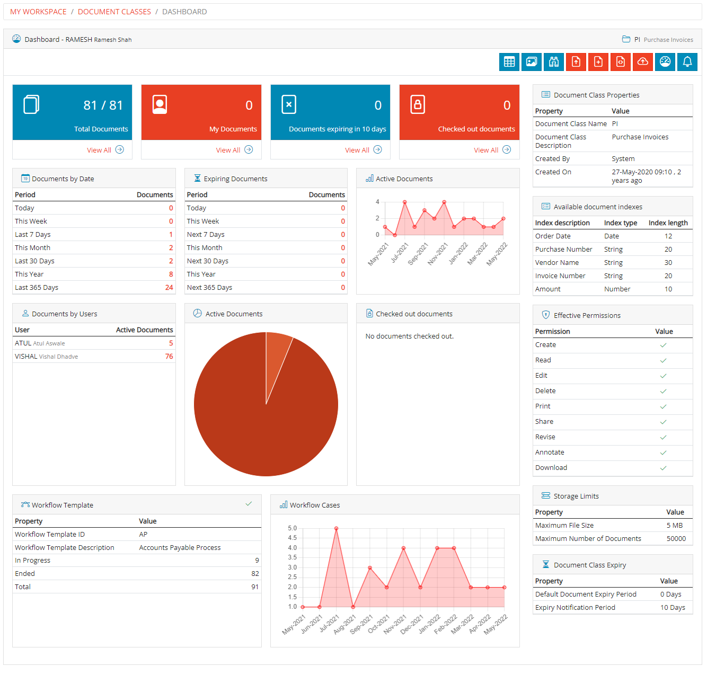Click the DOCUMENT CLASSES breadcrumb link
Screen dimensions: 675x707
click(114, 12)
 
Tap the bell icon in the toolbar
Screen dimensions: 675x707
click(687, 62)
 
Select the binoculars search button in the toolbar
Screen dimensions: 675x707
click(553, 62)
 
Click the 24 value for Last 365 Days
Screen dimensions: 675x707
click(169, 288)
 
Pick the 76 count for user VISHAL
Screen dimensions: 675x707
click(169, 357)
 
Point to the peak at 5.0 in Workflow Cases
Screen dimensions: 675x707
click(336, 529)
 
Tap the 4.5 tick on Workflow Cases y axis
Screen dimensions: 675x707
click(292, 538)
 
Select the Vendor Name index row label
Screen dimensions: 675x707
click(556, 263)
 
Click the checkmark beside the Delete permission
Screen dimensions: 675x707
click(663, 392)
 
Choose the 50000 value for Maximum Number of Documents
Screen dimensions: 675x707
click(676, 539)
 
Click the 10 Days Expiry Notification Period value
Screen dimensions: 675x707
click(673, 608)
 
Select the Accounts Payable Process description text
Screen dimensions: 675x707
click(180, 548)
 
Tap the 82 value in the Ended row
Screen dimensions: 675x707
click(255, 574)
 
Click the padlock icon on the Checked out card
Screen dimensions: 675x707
click(418, 105)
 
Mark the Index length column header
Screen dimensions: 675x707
click(668, 223)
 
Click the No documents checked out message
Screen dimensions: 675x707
click(409, 336)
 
